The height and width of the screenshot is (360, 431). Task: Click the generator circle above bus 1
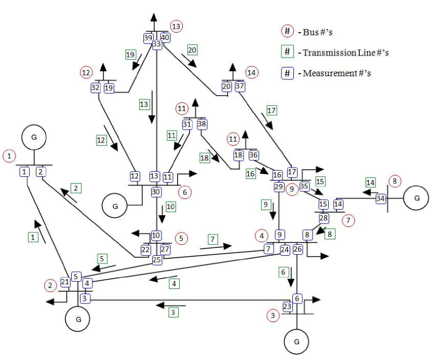(x=34, y=137)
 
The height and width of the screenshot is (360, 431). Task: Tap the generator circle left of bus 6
(x=115, y=205)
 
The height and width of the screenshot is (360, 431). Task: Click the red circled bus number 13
(x=177, y=26)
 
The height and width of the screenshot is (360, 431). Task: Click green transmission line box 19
(x=130, y=54)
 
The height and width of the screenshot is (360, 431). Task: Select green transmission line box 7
(x=212, y=239)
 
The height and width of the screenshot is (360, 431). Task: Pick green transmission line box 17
(x=271, y=110)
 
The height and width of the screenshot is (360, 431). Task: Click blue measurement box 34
(x=381, y=198)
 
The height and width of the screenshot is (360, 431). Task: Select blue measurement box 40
(x=165, y=37)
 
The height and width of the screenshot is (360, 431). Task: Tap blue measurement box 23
(x=287, y=307)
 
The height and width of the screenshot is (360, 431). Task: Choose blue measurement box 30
(x=155, y=191)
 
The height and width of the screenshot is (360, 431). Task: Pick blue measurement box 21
(x=65, y=282)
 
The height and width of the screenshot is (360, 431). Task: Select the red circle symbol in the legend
(x=287, y=31)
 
